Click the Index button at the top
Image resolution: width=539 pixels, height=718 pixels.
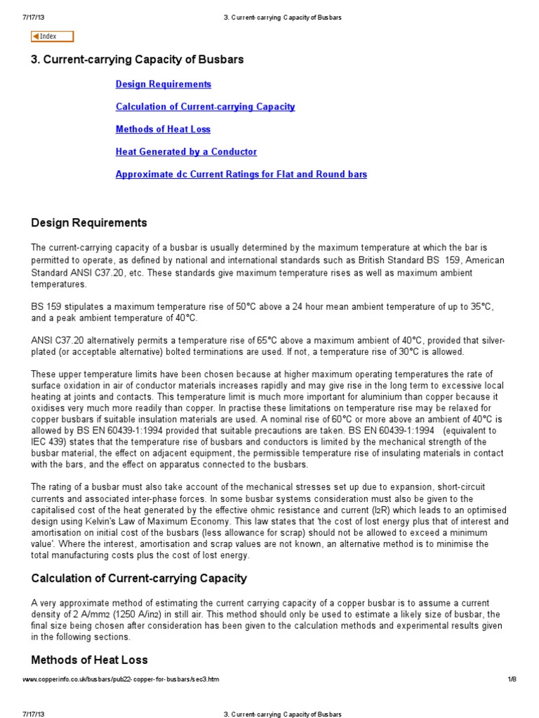click(52, 36)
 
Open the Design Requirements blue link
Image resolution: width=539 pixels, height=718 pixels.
click(163, 84)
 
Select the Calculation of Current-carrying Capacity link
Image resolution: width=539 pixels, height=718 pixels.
click(205, 107)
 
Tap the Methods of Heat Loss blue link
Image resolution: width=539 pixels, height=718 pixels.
click(163, 129)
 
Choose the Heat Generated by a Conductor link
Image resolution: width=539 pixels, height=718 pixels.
click(186, 151)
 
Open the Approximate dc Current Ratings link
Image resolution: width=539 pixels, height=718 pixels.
click(241, 174)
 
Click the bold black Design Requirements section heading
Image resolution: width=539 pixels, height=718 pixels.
click(89, 223)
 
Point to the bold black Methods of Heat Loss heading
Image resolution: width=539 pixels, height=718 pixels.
click(89, 660)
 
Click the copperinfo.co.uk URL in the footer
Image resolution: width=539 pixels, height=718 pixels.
click(121, 679)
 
